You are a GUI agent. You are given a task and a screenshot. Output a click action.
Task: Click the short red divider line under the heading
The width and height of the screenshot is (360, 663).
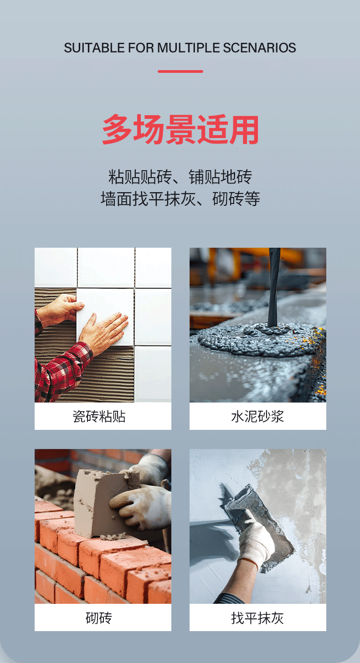pyautogui.click(x=180, y=71)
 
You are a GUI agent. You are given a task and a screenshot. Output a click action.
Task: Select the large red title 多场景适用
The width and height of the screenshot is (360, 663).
pyautogui.click(x=180, y=130)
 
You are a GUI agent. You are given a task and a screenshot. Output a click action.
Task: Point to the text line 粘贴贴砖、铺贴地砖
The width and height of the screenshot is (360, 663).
pyautogui.click(x=180, y=177)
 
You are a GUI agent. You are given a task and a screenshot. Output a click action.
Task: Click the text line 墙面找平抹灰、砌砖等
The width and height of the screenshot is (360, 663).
pyautogui.click(x=180, y=199)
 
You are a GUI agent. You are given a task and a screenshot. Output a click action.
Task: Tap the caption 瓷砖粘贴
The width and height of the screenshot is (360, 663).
pyautogui.click(x=99, y=416)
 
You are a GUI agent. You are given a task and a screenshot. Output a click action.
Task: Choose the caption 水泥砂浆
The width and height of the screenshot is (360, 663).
pyautogui.click(x=257, y=416)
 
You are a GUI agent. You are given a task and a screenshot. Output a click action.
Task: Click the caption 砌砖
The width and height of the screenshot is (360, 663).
pyautogui.click(x=99, y=618)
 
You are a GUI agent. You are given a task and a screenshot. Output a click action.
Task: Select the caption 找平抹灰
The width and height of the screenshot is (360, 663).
pyautogui.click(x=257, y=618)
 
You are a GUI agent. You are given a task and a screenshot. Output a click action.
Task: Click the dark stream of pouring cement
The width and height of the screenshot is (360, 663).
pyautogui.click(x=274, y=287)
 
